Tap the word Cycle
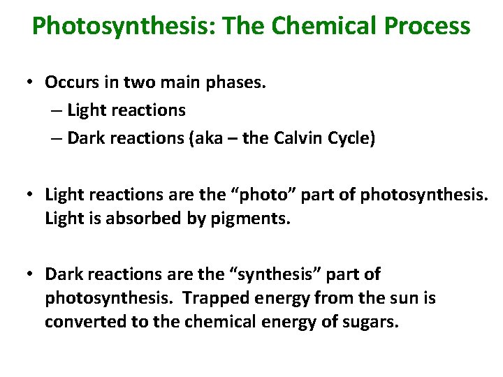coord(356,139)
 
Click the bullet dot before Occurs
coord(32,82)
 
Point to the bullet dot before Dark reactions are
coord(32,274)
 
